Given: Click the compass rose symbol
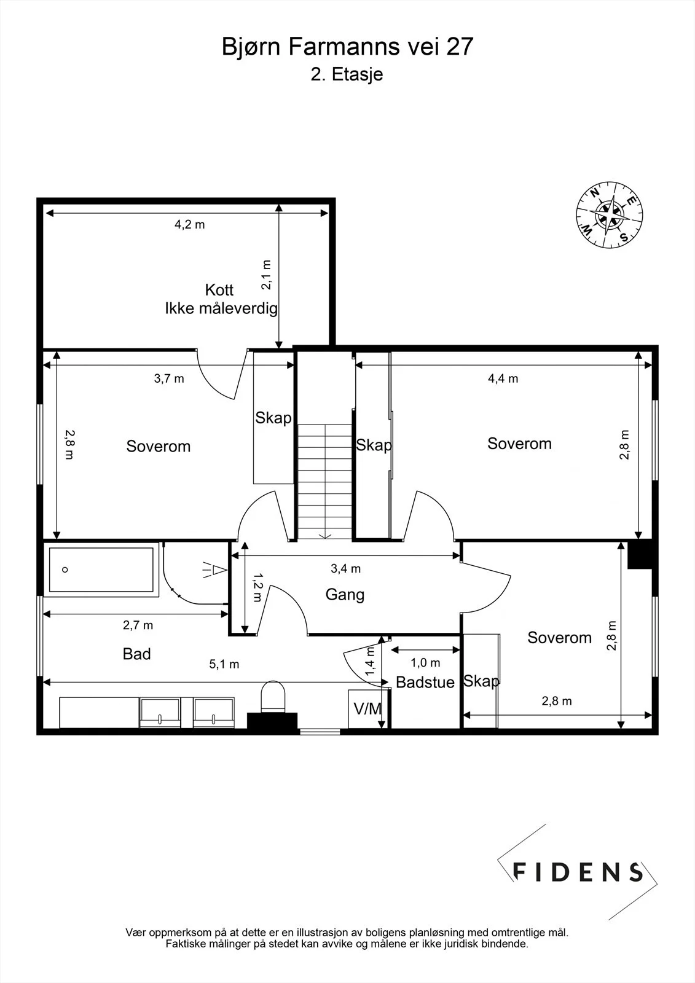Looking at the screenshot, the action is [610, 214].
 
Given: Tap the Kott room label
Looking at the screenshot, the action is [219, 290].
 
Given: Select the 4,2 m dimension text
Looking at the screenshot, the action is [190, 225].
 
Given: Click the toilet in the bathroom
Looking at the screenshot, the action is [273, 697].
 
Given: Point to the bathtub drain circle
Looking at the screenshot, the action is [65, 570].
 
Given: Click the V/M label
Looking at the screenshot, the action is [368, 709].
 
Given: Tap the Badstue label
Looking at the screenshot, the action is [425, 683].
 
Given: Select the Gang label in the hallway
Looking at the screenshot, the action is [345, 595].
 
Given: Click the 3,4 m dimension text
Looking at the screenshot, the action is [346, 569].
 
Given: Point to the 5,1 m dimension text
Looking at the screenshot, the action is [224, 664].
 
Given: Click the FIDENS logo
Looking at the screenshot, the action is [578, 872].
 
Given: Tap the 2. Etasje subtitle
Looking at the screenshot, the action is [347, 74].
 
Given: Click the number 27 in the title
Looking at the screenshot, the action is [460, 47].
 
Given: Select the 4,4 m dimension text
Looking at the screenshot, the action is [503, 378].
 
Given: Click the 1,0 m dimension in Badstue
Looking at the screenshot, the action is [425, 663].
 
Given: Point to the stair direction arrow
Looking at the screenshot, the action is [325, 535].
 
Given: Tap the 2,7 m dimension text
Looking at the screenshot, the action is [138, 625].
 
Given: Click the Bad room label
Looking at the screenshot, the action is [136, 654].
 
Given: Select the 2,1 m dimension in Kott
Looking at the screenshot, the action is [267, 275].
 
